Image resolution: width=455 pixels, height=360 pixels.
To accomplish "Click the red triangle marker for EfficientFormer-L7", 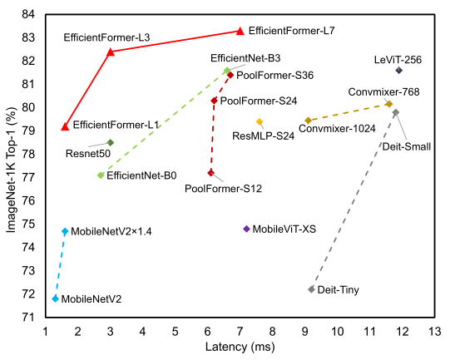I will (240, 31).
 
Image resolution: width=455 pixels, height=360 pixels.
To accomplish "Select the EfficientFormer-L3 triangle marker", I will (111, 52).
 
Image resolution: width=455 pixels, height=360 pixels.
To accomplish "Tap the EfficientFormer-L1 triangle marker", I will (65, 126).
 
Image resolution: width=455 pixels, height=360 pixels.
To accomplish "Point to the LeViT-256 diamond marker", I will (399, 71).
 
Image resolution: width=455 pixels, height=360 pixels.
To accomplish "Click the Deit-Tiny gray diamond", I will (311, 289).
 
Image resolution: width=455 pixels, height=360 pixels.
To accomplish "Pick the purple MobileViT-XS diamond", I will (246, 229).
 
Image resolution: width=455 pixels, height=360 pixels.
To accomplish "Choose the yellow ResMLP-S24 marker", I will (260, 121).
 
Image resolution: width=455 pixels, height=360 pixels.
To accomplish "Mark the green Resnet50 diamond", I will (111, 142).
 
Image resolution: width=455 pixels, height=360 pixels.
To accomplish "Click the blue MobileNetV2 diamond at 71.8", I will (55, 298).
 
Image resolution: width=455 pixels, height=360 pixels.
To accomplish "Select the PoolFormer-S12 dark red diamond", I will (210, 172).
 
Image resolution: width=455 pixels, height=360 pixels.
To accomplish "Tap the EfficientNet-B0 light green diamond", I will (101, 175).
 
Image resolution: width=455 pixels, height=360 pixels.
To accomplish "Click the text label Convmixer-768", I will (383, 91).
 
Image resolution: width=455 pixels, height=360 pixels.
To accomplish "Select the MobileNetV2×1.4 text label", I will (111, 231).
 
